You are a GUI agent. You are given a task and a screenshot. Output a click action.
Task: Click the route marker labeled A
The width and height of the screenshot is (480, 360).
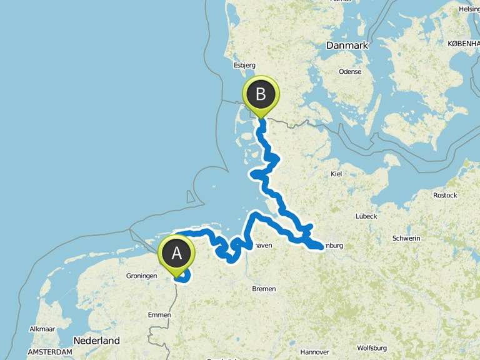177,253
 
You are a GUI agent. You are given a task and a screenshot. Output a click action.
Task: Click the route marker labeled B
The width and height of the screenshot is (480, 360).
261,94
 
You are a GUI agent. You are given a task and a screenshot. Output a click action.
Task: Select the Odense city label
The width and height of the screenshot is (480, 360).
350,71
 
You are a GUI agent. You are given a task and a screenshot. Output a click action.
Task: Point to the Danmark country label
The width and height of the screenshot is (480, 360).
347,46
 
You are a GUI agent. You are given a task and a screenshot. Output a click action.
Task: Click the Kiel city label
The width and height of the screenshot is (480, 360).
336,174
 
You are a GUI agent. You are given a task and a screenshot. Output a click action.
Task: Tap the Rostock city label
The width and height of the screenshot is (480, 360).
445,195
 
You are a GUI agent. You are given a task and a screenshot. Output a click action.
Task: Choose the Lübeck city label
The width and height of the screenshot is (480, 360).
366,216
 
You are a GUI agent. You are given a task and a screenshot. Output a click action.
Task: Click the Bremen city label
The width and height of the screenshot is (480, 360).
263,289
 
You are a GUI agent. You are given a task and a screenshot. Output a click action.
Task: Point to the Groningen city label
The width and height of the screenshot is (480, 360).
141,275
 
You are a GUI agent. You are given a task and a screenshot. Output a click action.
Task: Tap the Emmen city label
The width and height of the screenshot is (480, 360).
159,315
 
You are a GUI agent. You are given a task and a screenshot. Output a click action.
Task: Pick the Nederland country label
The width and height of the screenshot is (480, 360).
96,341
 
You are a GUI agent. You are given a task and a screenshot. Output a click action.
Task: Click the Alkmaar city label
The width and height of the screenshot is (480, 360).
41,328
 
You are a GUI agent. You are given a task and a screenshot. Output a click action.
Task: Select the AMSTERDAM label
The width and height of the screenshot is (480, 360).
50,352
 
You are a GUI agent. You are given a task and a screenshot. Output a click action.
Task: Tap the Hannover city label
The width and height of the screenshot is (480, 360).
314,352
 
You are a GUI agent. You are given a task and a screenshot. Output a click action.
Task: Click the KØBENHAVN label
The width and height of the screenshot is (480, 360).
463,43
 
